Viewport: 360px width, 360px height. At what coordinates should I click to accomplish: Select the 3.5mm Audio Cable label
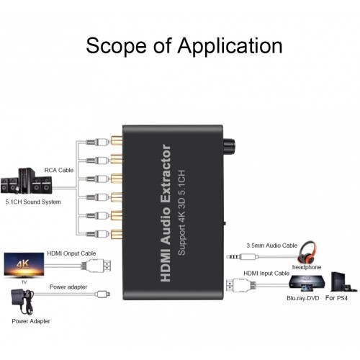point(271,245)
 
